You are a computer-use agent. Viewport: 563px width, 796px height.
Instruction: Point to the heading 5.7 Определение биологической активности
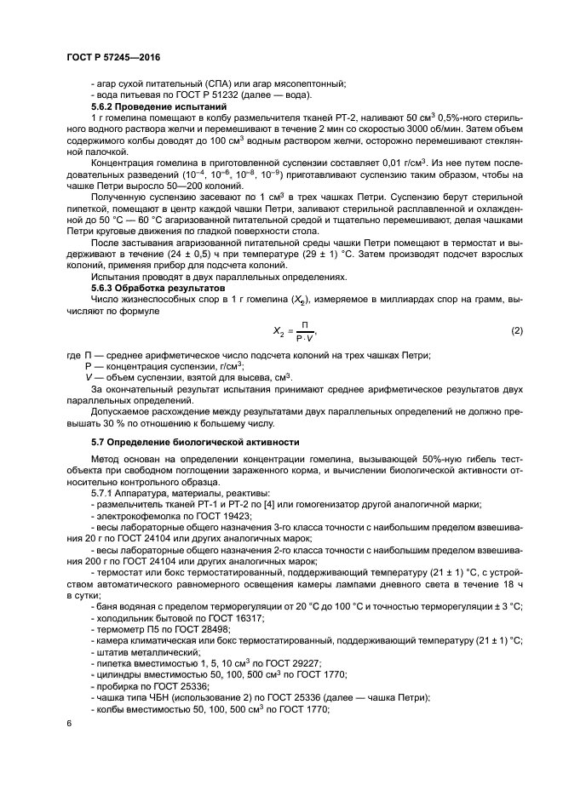(x=195, y=442)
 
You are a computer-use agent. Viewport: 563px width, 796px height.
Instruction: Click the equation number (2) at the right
(x=515, y=329)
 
